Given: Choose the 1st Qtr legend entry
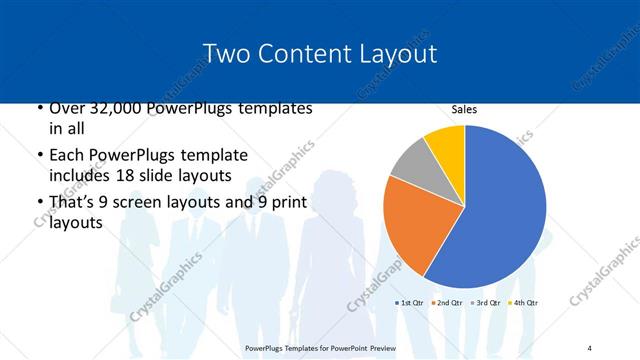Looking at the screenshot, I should click(411, 302).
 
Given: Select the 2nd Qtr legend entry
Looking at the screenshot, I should click(448, 302).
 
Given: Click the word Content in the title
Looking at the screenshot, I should click(306, 53).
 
